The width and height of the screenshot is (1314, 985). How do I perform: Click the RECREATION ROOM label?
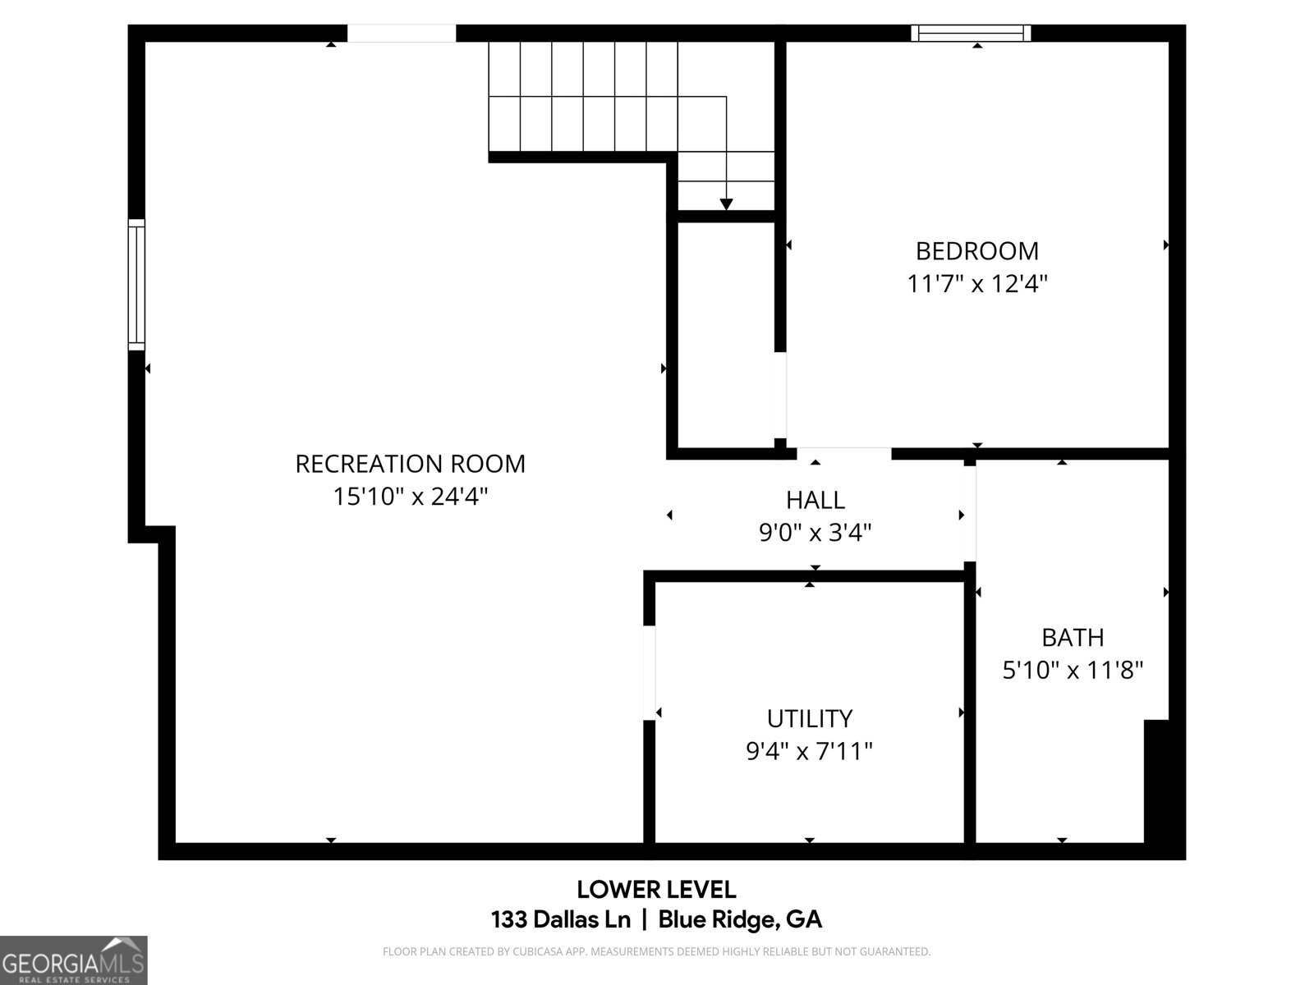(410, 464)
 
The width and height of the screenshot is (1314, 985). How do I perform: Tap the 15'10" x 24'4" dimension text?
(410, 497)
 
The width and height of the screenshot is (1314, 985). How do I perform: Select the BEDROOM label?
(976, 250)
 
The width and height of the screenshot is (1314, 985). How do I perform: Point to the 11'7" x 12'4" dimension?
(976, 284)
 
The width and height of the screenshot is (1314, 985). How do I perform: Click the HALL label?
(815, 500)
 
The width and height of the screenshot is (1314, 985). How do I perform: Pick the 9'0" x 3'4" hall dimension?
(815, 533)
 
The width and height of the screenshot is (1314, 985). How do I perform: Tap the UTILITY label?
(809, 718)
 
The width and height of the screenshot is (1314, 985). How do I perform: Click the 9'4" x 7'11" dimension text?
(809, 751)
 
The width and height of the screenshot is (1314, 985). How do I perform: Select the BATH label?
(1073, 637)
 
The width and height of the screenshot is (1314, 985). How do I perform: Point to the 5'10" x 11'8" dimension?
(1073, 671)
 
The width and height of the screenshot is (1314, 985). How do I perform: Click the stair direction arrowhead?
(726, 204)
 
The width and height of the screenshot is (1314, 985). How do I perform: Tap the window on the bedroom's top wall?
(971, 33)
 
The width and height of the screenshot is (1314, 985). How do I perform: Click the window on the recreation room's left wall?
(136, 284)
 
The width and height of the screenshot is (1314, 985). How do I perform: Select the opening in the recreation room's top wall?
(402, 33)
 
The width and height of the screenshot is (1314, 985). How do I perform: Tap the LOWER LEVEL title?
(656, 889)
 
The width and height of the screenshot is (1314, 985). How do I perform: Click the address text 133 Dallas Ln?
(560, 919)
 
